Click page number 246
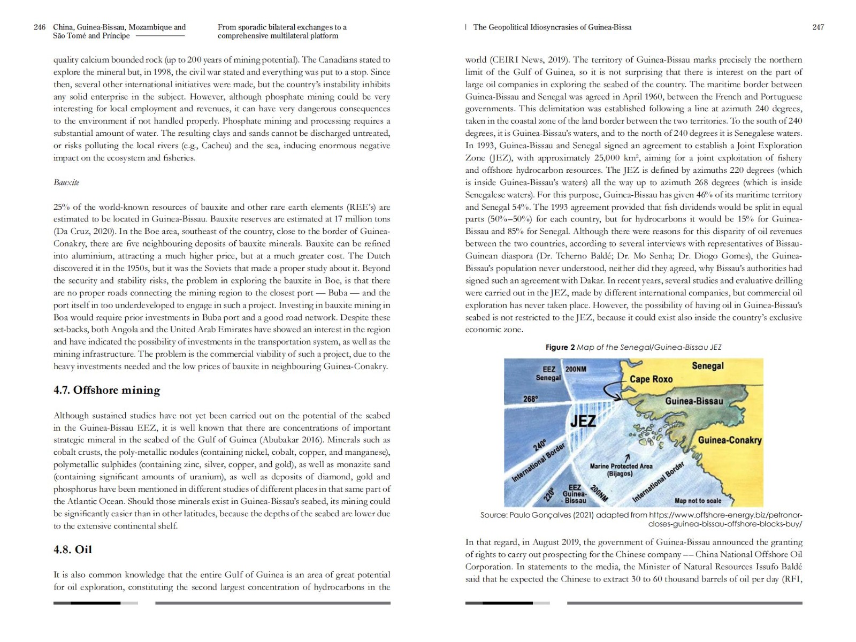pos(39,27)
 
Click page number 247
pos(818,27)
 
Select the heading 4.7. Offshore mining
pos(106,390)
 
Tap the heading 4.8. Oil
pos(73,549)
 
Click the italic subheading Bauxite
pos(66,182)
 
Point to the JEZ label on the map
pos(583,421)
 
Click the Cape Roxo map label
pos(651,379)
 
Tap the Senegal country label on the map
pos(707,366)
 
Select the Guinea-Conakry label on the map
pos(729,440)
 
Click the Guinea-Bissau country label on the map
pos(694,401)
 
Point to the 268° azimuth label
pos(530,399)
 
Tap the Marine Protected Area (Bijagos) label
pos(621,470)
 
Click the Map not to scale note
pos(698,501)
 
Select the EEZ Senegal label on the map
pos(548,373)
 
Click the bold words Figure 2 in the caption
pos(560,347)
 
